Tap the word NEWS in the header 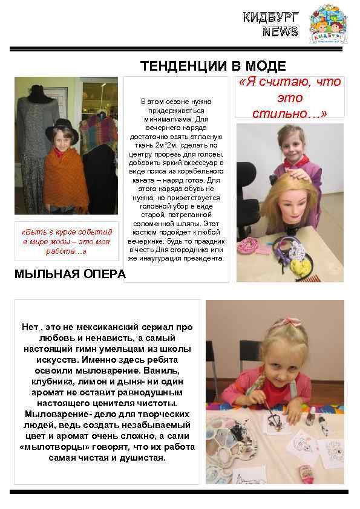coord(280,32)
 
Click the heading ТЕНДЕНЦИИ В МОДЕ coord(213,66)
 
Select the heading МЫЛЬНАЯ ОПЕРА coord(70,274)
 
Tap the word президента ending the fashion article coord(201,258)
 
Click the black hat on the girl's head coord(62,128)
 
